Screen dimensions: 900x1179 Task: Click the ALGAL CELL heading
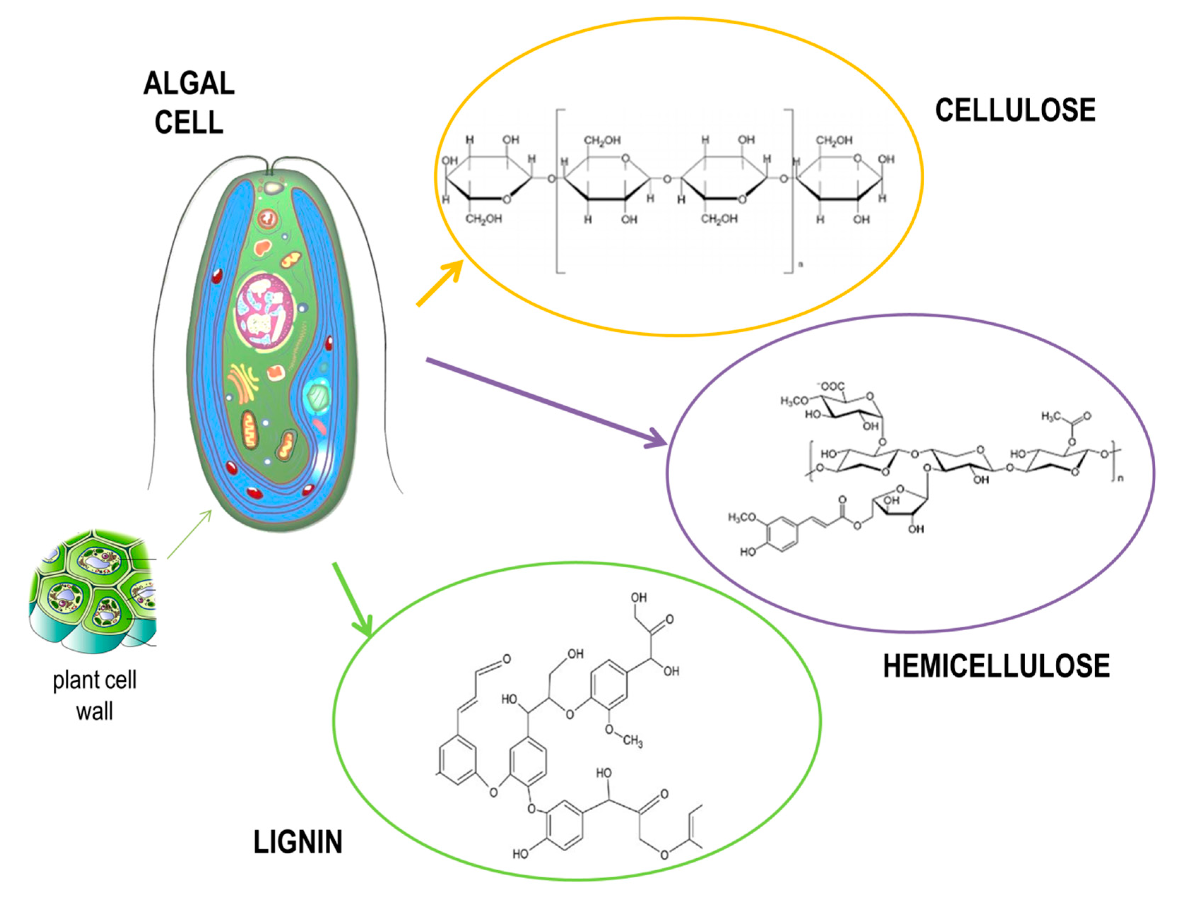[x=189, y=102]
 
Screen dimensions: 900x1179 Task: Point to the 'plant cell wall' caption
[x=94, y=695]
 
